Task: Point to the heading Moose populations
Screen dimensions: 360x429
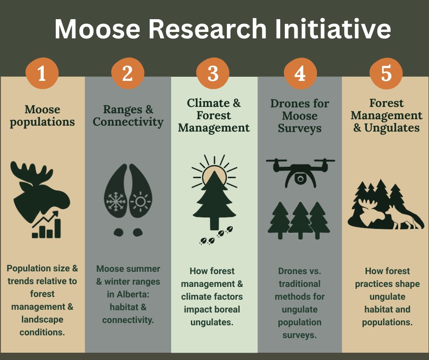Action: (x=42, y=116)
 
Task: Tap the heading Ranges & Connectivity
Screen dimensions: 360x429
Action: (x=128, y=116)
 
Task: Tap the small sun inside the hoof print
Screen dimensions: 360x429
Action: (x=140, y=201)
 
